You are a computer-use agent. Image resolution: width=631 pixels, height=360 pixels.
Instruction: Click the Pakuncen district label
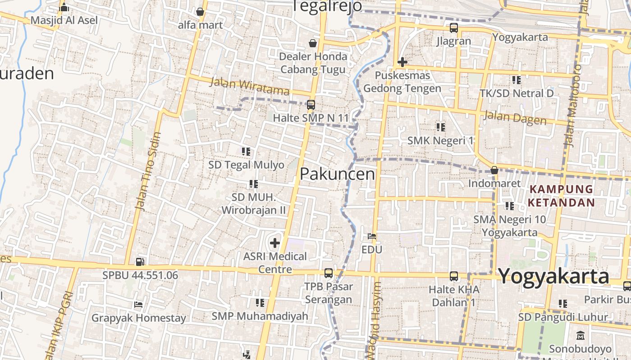click(x=337, y=174)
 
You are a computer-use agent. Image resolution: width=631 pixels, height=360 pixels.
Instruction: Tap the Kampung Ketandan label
click(x=562, y=196)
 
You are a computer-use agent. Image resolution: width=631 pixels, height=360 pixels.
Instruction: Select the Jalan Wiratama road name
click(x=249, y=86)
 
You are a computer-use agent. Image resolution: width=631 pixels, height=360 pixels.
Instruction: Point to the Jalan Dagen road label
click(x=515, y=117)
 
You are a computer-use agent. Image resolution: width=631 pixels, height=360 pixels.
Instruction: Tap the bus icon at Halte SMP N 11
click(x=311, y=105)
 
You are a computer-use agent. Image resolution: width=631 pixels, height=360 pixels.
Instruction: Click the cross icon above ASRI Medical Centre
click(x=274, y=243)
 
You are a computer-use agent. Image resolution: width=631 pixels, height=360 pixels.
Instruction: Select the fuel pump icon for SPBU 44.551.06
click(x=140, y=261)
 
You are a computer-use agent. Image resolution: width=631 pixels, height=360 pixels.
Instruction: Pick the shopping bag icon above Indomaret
click(x=494, y=171)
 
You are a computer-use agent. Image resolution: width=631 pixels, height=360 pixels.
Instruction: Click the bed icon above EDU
click(x=372, y=236)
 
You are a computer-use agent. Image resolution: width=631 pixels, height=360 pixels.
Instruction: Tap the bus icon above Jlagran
click(x=453, y=28)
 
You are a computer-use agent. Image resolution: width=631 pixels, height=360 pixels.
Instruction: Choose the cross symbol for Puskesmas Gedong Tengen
click(x=402, y=62)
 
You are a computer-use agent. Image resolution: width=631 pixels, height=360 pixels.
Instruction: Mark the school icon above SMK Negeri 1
click(x=440, y=127)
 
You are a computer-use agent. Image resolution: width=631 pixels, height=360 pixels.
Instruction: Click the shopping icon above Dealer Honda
click(x=312, y=43)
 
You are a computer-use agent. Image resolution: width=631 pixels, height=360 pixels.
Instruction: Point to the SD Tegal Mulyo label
click(x=246, y=165)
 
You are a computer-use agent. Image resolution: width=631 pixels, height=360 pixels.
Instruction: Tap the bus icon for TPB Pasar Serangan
click(x=329, y=273)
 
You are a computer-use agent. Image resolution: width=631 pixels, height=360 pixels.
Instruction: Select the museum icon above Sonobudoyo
click(x=580, y=336)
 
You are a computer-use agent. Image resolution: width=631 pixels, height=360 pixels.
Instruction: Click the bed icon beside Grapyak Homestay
click(x=138, y=305)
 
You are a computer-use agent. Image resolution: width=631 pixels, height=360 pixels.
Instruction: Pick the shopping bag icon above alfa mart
click(x=200, y=12)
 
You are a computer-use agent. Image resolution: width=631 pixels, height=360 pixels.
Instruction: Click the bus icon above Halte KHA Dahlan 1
click(x=453, y=276)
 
